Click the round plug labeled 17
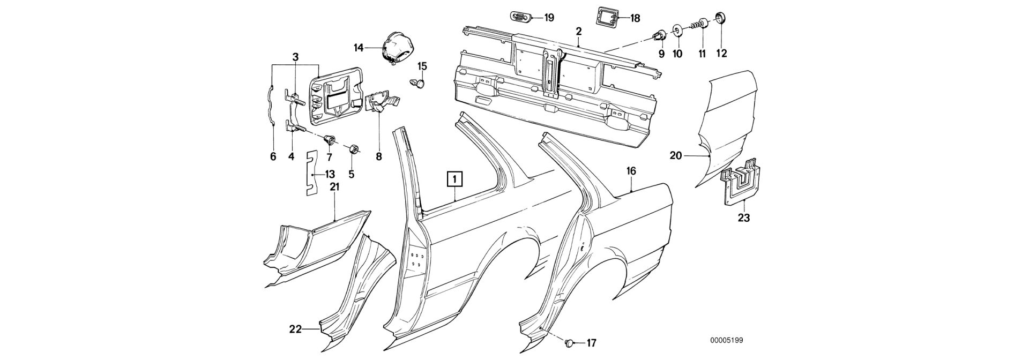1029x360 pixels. tap(570, 342)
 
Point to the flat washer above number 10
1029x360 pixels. tap(677, 30)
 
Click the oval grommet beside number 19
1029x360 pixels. tap(518, 17)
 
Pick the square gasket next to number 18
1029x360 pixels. tap(605, 17)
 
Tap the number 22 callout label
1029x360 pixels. tap(295, 329)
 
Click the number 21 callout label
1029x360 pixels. tap(334, 187)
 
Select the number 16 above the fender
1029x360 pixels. tap(631, 171)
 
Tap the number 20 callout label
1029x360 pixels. tap(675, 156)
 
